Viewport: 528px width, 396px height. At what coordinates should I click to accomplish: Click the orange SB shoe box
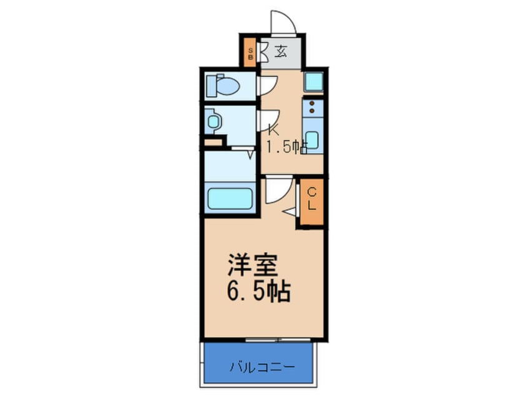(250, 53)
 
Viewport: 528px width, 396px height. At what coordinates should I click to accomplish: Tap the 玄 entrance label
(280, 52)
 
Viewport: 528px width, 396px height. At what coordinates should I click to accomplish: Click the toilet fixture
(223, 86)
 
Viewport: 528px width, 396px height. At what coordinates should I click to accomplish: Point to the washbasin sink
(213, 121)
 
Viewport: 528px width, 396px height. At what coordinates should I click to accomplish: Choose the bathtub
(230, 199)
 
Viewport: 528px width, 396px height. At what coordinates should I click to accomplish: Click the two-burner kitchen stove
(313, 107)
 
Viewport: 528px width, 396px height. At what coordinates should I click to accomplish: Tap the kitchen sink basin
(311, 140)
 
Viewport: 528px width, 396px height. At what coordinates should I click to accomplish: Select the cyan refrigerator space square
(314, 82)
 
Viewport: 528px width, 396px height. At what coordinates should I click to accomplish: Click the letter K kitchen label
(273, 129)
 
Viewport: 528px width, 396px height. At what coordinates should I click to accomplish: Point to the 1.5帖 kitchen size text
(287, 147)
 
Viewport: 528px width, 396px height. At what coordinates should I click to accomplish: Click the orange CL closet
(311, 202)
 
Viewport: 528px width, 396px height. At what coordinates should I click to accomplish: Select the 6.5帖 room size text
(258, 291)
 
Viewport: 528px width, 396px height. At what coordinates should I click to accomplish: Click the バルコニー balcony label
(262, 367)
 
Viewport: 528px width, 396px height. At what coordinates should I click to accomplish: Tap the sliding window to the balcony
(278, 340)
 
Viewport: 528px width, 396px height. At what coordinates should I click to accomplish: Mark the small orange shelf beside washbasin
(213, 142)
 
